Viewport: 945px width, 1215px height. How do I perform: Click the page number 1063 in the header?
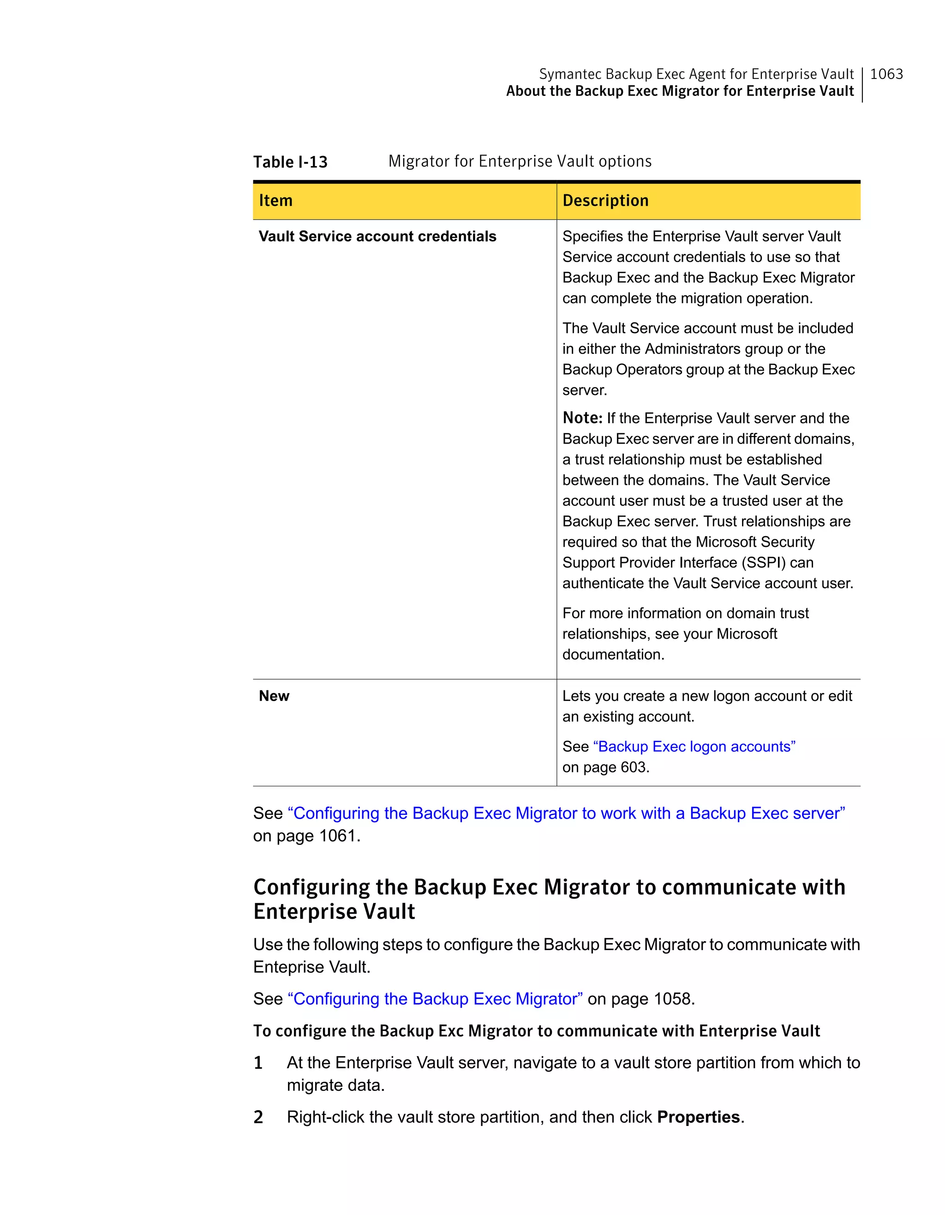[x=886, y=74]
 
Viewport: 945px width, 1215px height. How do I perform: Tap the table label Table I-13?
[x=290, y=162]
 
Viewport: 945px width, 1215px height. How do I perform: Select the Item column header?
[x=275, y=200]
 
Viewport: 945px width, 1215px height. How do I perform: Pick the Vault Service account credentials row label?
[x=377, y=236]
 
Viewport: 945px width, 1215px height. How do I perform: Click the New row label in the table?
[x=274, y=696]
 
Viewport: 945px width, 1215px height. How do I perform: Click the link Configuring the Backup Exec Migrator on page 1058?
[x=435, y=999]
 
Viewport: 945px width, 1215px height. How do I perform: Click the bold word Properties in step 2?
[x=698, y=1117]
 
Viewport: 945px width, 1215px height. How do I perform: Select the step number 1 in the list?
[x=258, y=1063]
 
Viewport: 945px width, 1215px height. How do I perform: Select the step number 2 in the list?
[x=258, y=1117]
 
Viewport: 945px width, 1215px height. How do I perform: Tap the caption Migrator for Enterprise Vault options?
[x=520, y=162]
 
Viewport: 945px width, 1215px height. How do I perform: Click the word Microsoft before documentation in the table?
[x=747, y=634]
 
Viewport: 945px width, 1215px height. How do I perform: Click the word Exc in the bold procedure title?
[x=450, y=1031]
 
